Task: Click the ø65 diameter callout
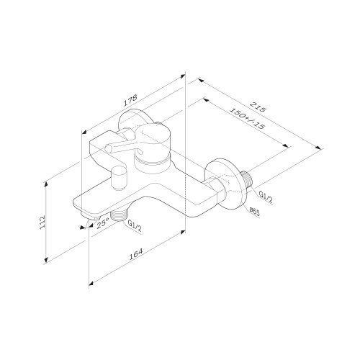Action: coord(254,211)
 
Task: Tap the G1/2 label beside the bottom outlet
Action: coord(134,225)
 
